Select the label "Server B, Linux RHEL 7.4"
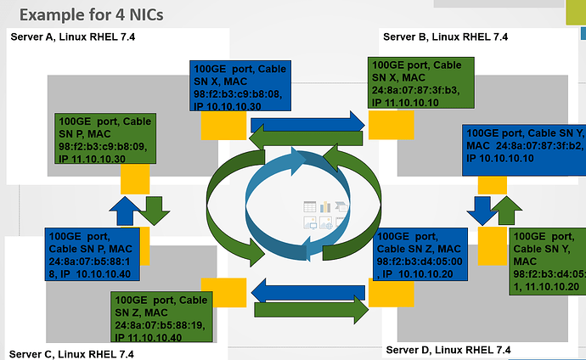point(445,37)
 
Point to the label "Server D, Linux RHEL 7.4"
point(448,349)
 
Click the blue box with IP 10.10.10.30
point(239,86)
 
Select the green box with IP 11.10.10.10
point(414,83)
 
